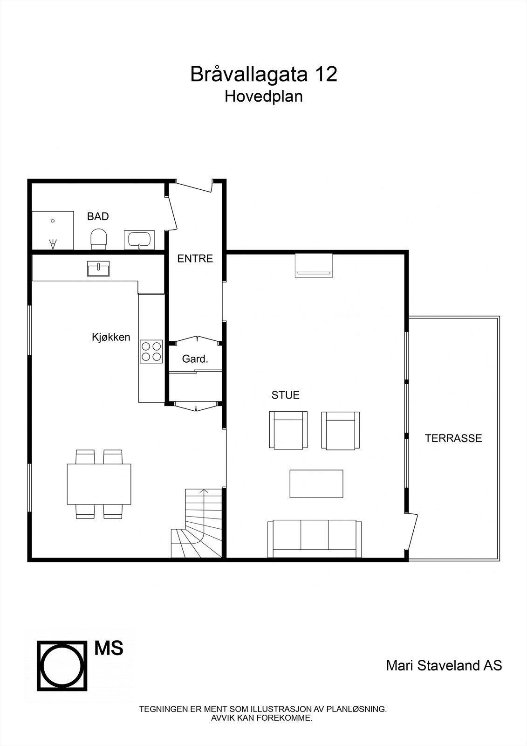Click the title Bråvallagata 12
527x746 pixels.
pyautogui.click(x=263, y=75)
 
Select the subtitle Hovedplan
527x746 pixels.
pyautogui.click(x=263, y=96)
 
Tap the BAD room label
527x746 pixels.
pyautogui.click(x=98, y=216)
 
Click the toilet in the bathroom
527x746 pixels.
pyautogui.click(x=98, y=238)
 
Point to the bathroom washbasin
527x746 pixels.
pyautogui.click(x=139, y=240)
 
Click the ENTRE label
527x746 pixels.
pyautogui.click(x=195, y=259)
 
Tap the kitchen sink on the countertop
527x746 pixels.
pyautogui.click(x=98, y=269)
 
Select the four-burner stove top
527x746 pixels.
pyautogui.click(x=151, y=352)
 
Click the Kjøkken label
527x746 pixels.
pyautogui.click(x=111, y=337)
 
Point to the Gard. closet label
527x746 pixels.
pyautogui.click(x=195, y=359)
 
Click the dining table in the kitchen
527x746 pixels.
pyautogui.click(x=99, y=484)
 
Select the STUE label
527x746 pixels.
pyautogui.click(x=285, y=395)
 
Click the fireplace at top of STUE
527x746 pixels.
pyautogui.click(x=314, y=265)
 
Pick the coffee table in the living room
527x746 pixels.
pyautogui.click(x=316, y=484)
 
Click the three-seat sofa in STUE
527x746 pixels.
pyautogui.click(x=315, y=539)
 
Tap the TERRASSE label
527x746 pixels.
pyautogui.click(x=453, y=438)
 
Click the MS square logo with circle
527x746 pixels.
pyautogui.click(x=62, y=665)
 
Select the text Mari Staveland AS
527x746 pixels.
pyautogui.click(x=444, y=665)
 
